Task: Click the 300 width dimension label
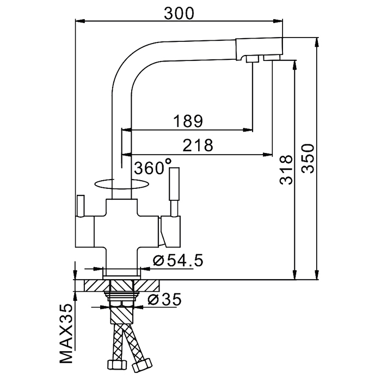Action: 179,14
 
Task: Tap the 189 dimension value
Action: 188,121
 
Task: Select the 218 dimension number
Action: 198,145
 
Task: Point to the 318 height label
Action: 286,170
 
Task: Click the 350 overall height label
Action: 308,159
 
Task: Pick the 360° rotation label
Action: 153,167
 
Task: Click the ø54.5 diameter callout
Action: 178,261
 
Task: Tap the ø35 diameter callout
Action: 164,299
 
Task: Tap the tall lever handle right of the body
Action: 175,192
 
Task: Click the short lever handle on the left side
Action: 81,205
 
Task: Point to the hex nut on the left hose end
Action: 117,365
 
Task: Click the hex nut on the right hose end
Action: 142,365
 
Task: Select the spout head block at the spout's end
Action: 259,48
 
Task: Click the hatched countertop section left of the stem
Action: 96,285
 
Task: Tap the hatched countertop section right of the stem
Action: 146,285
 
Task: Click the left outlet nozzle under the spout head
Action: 252,59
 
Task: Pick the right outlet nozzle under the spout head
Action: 272,58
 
